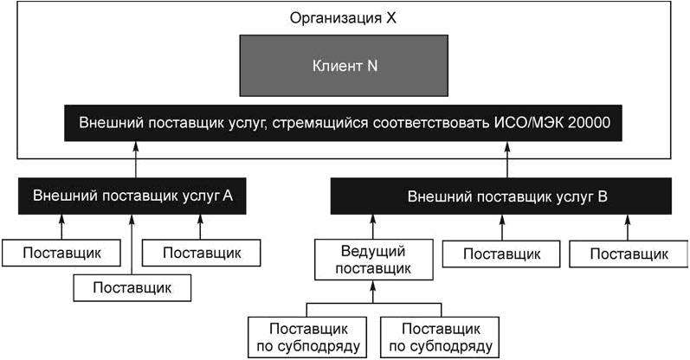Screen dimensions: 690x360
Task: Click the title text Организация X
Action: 343,18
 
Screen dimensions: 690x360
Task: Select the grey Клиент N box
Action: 344,66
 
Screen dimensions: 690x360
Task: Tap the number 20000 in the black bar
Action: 589,122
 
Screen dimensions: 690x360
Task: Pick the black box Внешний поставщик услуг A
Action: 132,196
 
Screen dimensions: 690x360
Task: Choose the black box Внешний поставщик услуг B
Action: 501,196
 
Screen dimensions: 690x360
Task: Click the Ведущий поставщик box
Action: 374,260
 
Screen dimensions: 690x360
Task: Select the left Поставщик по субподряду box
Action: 307,337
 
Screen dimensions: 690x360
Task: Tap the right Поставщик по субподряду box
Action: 440,337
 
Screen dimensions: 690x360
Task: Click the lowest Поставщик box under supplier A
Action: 132,288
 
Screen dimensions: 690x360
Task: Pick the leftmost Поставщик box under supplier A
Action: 61,253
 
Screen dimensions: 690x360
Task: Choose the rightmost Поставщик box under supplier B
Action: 629,254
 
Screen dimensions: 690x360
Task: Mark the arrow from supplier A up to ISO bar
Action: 136,159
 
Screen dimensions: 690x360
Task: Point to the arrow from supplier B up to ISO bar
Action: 507,159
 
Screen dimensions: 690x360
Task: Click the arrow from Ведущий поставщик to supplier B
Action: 373,227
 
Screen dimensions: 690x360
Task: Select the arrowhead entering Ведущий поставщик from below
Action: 373,286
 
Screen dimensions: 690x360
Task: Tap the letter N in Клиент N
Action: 372,66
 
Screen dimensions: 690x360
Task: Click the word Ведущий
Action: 373,252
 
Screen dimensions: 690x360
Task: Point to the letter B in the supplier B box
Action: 603,196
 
